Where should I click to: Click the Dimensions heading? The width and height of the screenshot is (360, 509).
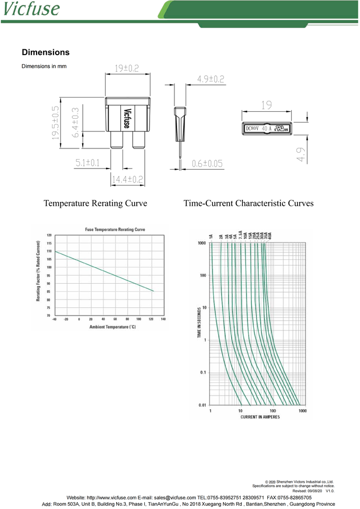(x=46, y=52)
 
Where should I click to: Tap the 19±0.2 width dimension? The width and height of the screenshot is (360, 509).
(x=127, y=68)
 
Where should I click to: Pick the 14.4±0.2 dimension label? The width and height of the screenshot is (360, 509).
(x=127, y=180)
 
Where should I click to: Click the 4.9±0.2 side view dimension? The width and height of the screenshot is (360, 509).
(x=210, y=79)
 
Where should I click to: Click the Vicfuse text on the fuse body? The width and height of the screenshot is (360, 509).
(x=126, y=118)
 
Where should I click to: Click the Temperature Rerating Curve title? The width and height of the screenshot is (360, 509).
(x=95, y=204)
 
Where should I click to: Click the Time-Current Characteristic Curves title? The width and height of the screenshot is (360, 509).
(x=248, y=204)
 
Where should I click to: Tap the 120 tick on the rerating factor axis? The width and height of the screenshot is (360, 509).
(x=49, y=235)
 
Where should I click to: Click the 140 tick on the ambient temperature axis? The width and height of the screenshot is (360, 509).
(x=163, y=319)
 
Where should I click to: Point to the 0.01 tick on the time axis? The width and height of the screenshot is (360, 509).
(x=202, y=405)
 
